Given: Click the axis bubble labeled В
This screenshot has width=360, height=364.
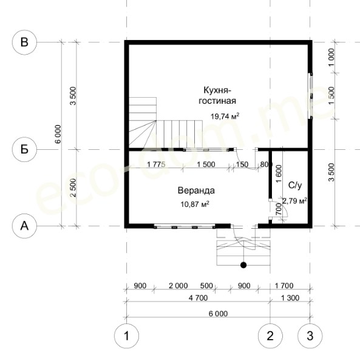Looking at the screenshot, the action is [24, 42].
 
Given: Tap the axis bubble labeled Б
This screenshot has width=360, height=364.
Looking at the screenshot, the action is [24, 149].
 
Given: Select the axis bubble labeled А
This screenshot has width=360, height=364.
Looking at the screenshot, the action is [24, 226].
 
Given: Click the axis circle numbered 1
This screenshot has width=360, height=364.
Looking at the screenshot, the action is [127, 336].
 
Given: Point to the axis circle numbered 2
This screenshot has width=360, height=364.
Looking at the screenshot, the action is [270, 336].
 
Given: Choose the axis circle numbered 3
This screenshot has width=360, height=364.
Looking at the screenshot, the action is [310, 336].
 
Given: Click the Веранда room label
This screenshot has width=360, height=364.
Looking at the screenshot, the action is [196, 190].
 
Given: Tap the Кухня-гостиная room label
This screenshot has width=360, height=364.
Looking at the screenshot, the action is [217, 95].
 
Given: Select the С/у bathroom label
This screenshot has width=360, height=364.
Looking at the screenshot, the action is [295, 185].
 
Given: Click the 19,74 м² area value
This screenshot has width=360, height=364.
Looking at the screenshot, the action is [225, 116].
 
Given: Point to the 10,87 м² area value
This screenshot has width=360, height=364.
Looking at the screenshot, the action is [195, 204].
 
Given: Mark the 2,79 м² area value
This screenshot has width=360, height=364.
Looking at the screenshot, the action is [294, 201].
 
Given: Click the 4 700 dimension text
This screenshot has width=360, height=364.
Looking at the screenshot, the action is [198, 298].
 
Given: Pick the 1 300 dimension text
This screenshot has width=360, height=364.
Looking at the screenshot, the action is [290, 298].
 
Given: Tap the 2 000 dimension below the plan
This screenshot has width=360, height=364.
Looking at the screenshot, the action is [178, 286].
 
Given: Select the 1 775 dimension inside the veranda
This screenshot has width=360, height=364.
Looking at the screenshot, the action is [156, 164].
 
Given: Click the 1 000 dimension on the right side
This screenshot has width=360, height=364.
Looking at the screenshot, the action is [331, 58].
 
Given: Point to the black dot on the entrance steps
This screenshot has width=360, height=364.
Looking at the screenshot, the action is [243, 265].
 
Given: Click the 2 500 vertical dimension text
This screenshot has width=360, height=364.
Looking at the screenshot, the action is [73, 187].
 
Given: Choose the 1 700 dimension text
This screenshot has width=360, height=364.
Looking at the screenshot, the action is [284, 286].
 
